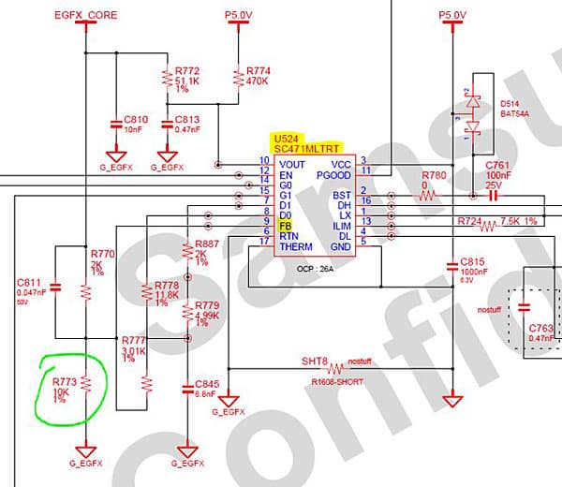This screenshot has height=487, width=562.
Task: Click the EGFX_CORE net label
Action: [86, 16]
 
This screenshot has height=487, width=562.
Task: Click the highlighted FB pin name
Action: [285, 226]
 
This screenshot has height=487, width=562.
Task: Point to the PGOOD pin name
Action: [334, 174]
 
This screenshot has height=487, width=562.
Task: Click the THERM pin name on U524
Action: [296, 246]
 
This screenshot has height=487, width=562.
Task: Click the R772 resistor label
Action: [187, 71]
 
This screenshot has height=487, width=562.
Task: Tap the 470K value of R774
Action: [258, 81]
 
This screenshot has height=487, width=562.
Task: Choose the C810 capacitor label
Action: [137, 120]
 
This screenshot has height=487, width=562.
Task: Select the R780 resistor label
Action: [434, 175]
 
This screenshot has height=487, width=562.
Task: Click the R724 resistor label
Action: [476, 220]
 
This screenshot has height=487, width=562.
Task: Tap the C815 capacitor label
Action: [473, 261]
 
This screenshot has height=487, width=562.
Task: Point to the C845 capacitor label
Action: [208, 383]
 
